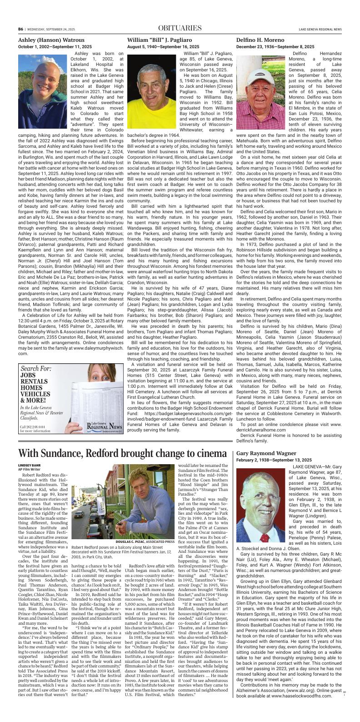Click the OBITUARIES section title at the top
(180, 29)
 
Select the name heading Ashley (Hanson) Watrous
(51, 40)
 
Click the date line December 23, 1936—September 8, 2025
(275, 47)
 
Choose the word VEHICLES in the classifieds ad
(38, 394)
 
